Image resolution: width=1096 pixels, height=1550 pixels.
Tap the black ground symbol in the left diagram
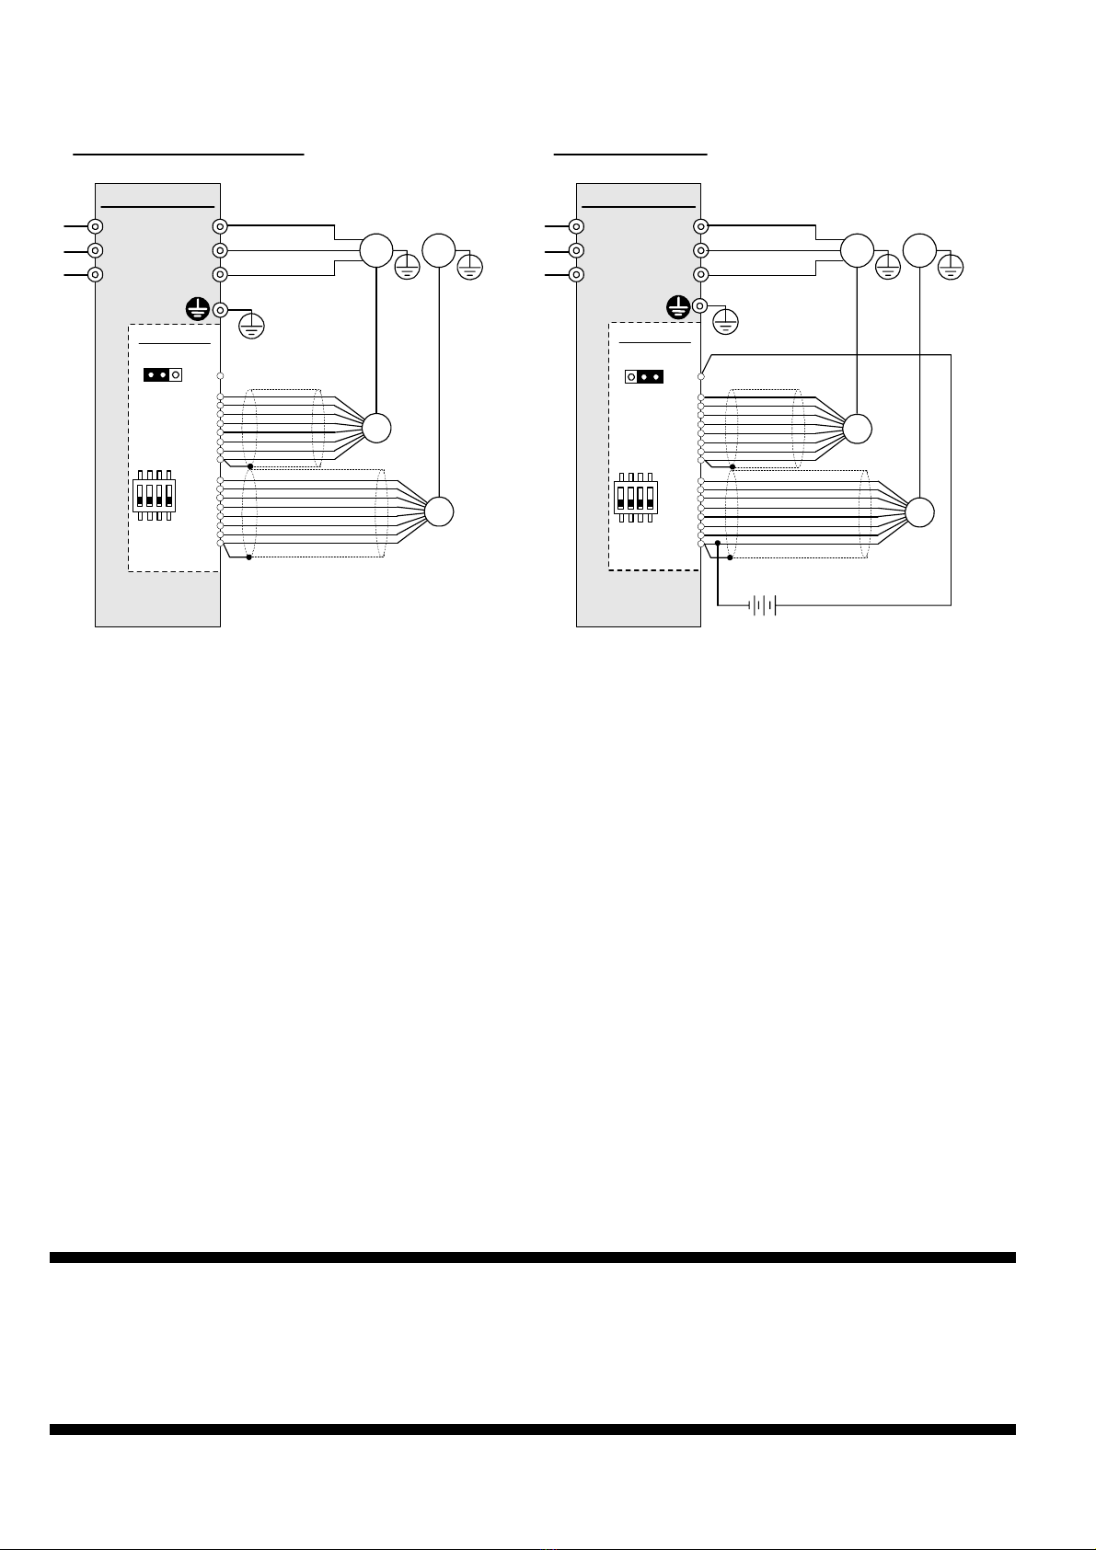[196, 309]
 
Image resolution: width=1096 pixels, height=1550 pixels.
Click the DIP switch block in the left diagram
[155, 497]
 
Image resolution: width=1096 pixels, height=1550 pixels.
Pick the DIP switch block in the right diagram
[636, 497]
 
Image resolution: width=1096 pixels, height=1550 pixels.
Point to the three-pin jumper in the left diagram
[163, 375]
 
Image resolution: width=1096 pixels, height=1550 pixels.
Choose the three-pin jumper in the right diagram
[644, 376]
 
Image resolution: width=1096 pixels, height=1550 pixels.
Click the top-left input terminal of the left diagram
[95, 226]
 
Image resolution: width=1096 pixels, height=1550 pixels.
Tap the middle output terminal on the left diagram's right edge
[220, 250]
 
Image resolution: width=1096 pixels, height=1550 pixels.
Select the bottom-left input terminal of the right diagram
[576, 274]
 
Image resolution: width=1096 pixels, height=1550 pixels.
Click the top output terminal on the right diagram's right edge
[701, 226]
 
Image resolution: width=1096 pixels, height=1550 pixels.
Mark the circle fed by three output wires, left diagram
[375, 250]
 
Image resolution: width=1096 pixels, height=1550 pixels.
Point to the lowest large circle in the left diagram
[440, 511]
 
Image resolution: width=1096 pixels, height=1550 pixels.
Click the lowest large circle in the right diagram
[920, 511]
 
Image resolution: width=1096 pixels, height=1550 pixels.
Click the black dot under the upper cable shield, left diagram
[250, 466]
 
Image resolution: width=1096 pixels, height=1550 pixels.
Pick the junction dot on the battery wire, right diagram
[718, 544]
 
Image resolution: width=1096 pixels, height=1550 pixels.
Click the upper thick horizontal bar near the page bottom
[532, 1257]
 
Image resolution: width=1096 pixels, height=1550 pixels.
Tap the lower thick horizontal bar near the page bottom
[532, 1429]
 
